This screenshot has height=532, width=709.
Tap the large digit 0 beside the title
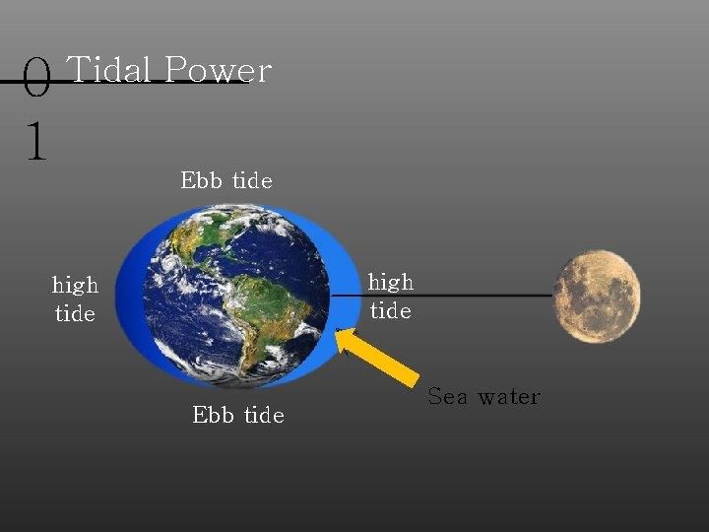(36, 78)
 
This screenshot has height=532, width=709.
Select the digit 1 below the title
(36, 140)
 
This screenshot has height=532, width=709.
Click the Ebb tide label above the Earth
(226, 180)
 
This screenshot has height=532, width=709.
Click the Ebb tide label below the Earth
(238, 415)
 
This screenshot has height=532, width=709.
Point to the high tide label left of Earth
(75, 299)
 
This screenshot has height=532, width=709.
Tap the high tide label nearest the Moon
(391, 297)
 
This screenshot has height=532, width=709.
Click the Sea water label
(483, 396)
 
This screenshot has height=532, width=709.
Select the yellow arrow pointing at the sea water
(377, 357)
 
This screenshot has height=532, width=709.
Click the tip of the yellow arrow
(336, 330)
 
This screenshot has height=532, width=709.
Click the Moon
(597, 297)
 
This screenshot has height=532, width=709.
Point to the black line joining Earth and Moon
(442, 296)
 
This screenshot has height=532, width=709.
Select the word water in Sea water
(509, 397)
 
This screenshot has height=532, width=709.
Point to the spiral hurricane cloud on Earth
(168, 262)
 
